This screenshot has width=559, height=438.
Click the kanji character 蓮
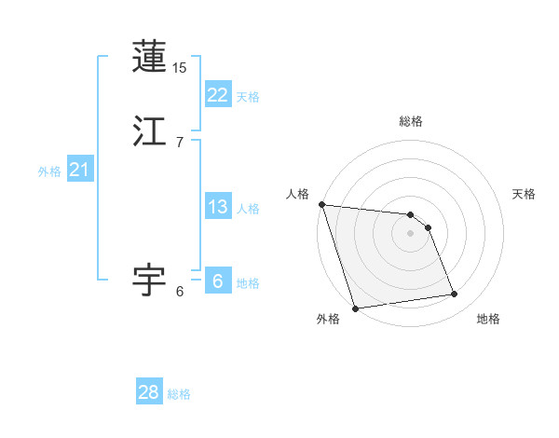[149, 58]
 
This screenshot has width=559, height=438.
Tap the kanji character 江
[149, 132]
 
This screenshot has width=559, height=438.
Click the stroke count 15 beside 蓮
[180, 67]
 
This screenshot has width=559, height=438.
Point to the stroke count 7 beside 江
[179, 142]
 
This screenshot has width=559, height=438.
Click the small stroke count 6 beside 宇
[179, 291]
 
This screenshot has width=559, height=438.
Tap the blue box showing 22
[217, 94]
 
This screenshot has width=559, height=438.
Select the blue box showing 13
[217, 207]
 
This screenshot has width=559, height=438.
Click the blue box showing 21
[79, 170]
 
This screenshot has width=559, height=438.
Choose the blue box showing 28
[149, 392]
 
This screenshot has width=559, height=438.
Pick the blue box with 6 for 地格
[217, 281]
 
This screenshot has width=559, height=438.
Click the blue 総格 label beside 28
[179, 394]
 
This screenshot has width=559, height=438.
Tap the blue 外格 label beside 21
[49, 171]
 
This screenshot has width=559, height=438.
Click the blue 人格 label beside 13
[248, 209]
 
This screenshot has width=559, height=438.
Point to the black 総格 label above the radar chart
[411, 121]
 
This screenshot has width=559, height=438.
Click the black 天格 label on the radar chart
[524, 194]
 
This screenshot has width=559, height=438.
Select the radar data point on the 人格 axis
[321, 204]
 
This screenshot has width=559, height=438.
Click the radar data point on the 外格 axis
[355, 308]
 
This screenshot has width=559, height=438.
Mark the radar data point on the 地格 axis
[455, 294]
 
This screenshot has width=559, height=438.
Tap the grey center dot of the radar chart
[411, 233]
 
